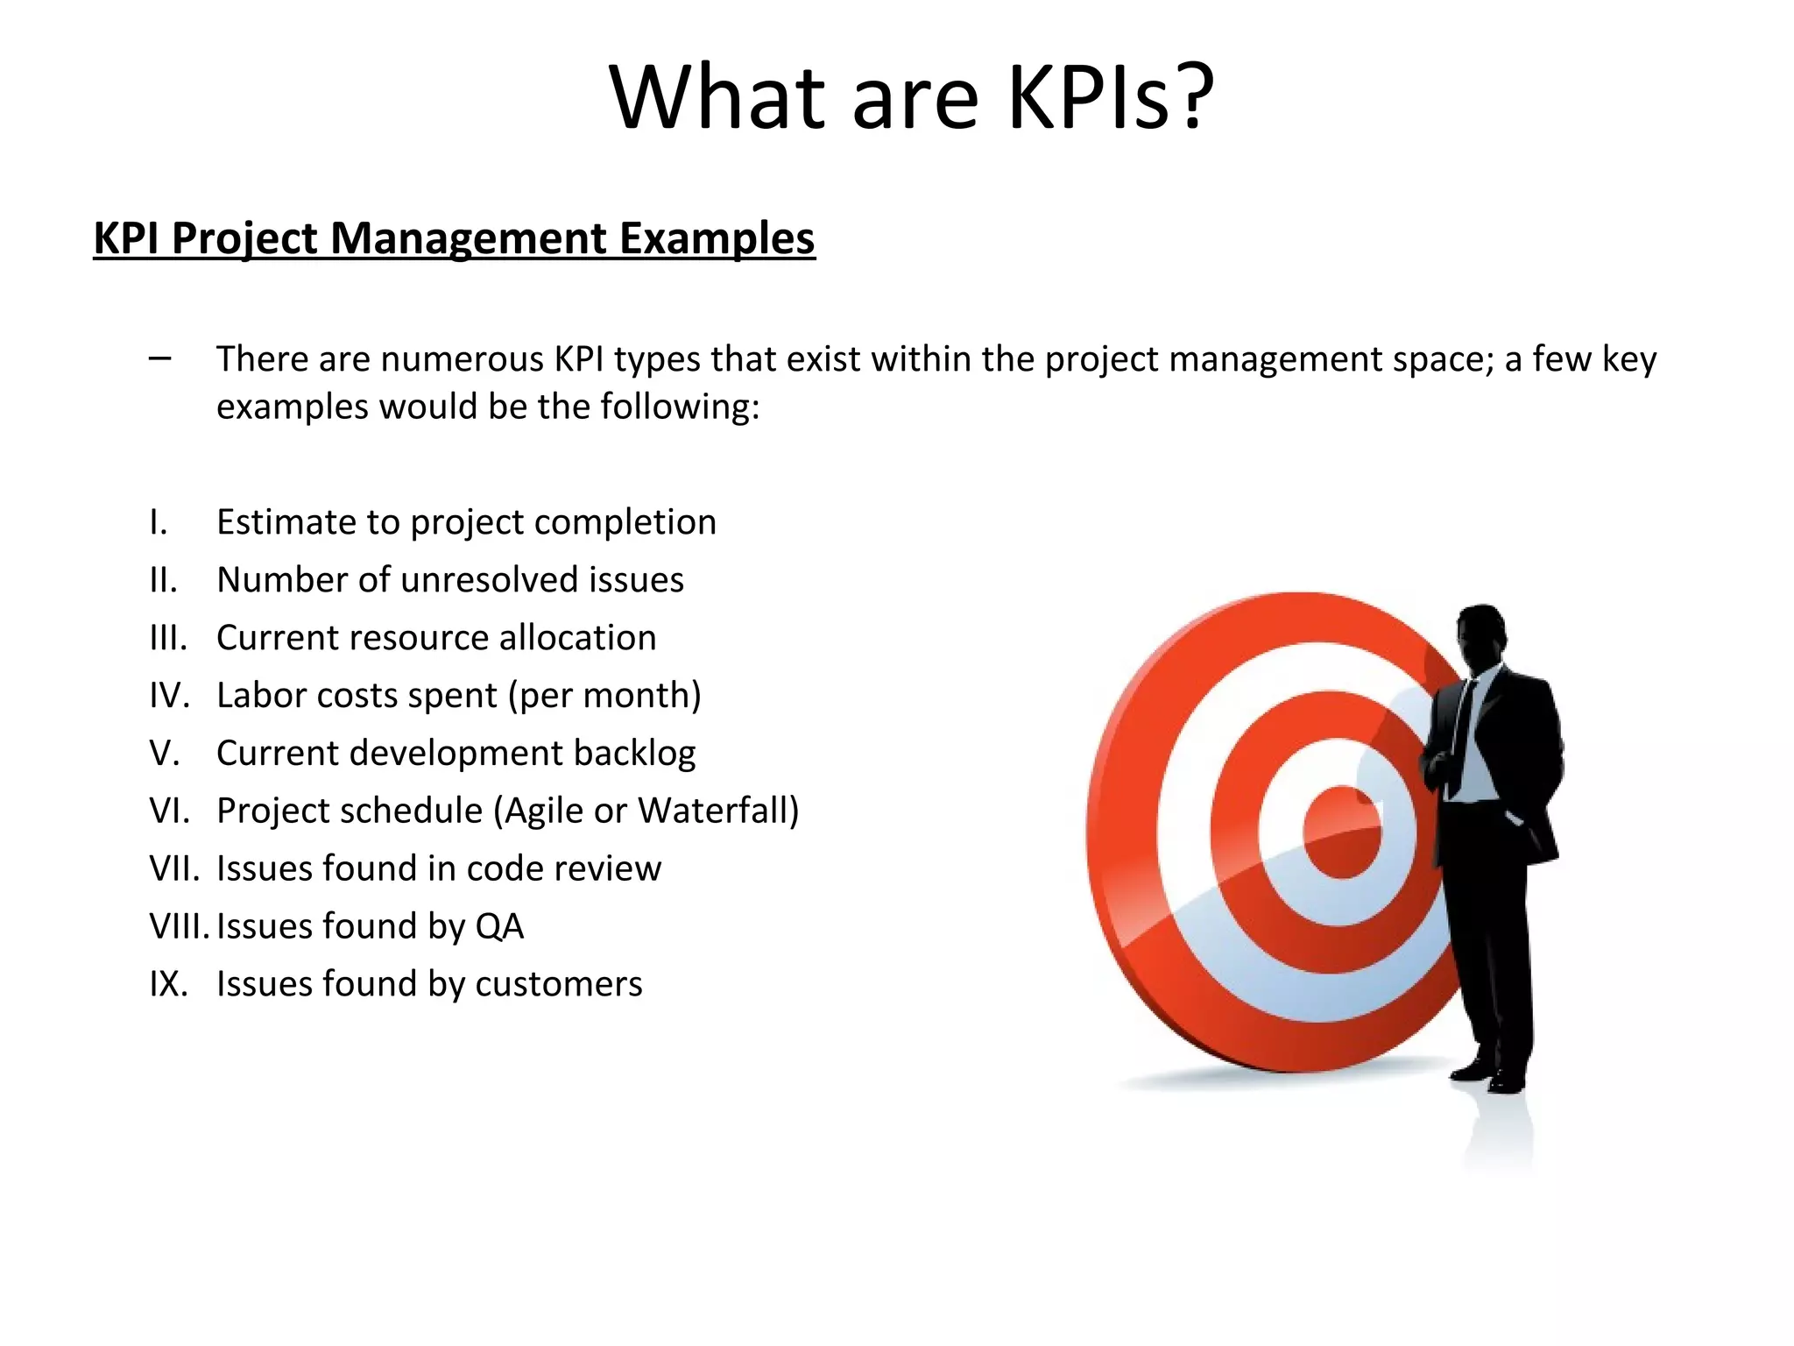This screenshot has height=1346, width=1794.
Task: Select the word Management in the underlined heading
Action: pos(468,238)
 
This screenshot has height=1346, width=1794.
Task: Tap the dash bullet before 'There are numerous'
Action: pos(160,358)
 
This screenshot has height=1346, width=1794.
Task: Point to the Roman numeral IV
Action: pos(169,696)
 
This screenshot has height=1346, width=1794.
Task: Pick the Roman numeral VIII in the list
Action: pos(179,926)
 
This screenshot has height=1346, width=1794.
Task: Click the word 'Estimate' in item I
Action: pos(286,522)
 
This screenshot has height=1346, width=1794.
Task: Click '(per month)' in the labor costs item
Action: pos(605,696)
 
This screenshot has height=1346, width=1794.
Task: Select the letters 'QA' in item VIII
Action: pos(499,926)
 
